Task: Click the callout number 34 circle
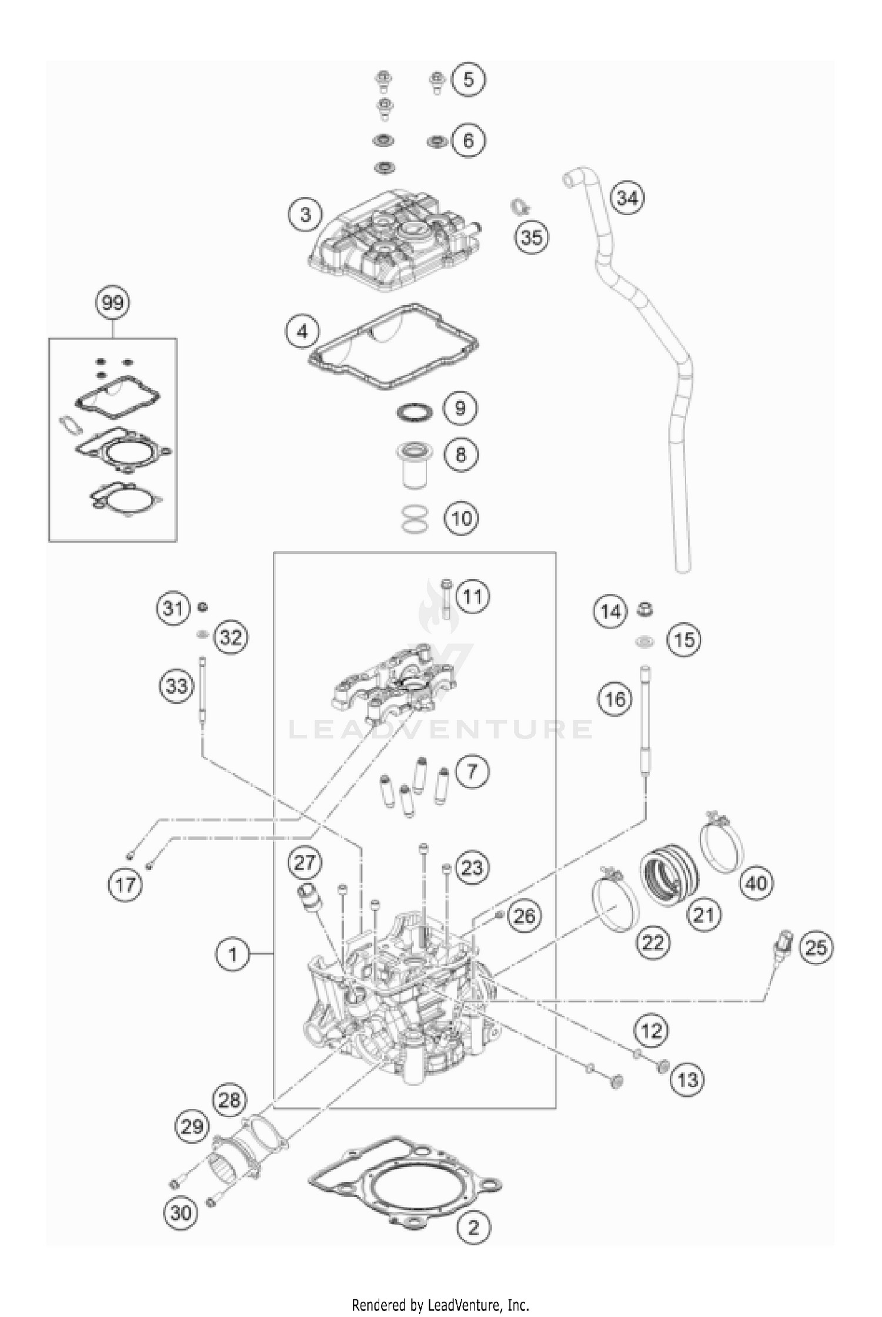click(627, 198)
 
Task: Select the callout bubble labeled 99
click(113, 303)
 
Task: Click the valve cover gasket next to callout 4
click(394, 347)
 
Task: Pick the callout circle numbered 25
click(816, 947)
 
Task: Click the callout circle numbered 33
click(176, 686)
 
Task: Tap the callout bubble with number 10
click(462, 518)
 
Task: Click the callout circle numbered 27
click(305, 863)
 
